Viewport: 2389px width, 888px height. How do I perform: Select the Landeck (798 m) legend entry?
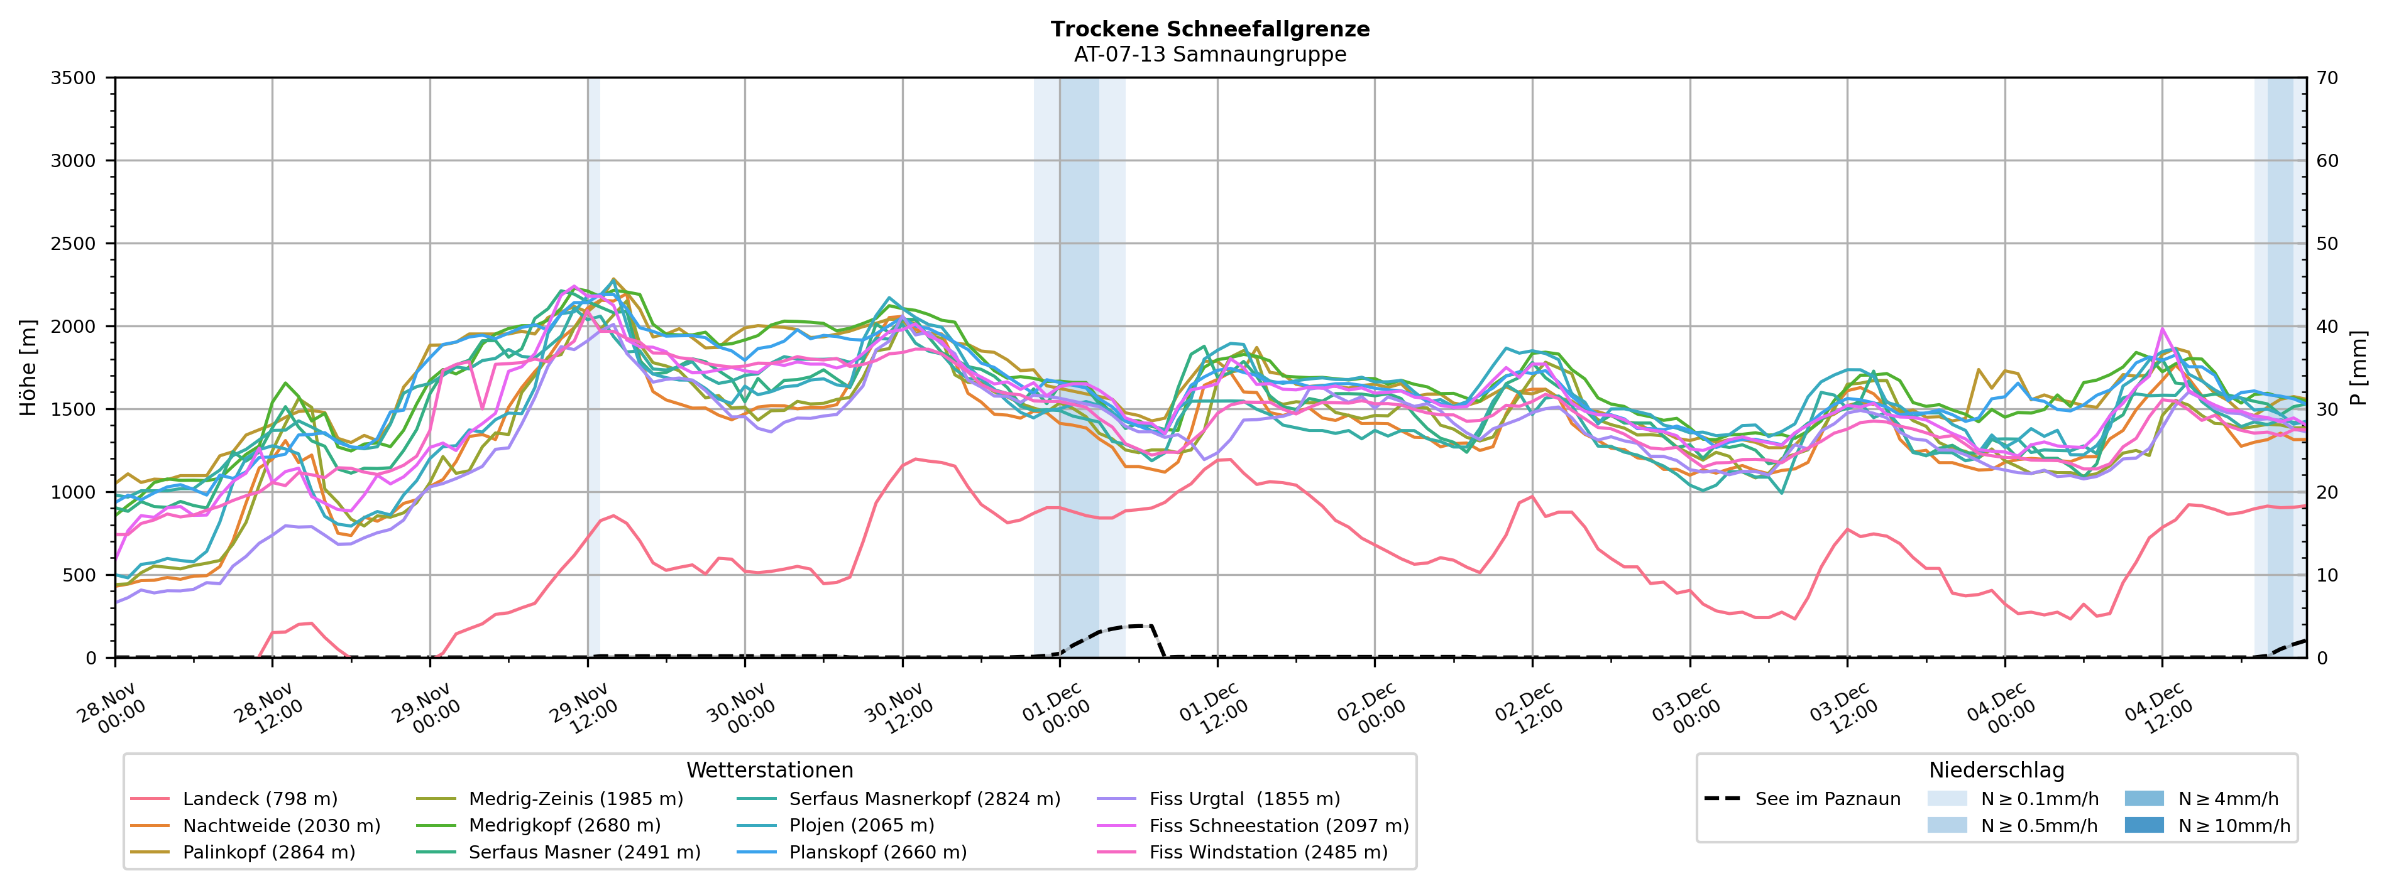(260, 799)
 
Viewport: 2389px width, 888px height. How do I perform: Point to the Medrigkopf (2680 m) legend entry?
(564, 826)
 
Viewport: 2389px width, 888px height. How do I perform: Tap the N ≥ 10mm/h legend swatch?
(2144, 826)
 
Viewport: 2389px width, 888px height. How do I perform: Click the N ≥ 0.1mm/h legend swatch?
(1947, 799)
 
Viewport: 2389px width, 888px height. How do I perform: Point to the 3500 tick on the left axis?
(74, 78)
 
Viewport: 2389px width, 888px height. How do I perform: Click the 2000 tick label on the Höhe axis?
(74, 327)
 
